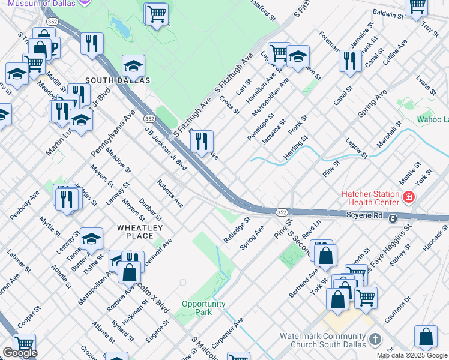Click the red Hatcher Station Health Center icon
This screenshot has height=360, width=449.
(409, 197)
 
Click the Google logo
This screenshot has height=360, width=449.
(20, 353)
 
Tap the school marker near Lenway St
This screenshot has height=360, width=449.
(91, 239)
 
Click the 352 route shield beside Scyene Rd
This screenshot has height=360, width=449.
(281, 212)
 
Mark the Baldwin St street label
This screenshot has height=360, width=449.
(388, 13)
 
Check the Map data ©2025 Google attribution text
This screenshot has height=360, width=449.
(412, 355)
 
